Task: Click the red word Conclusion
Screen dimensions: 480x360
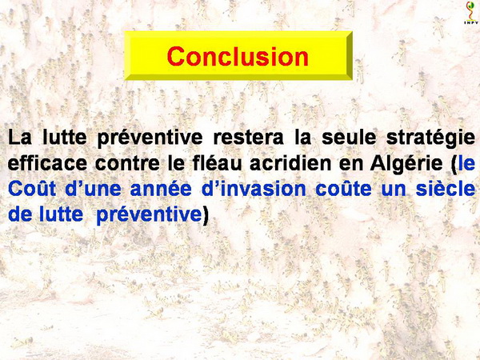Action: click(x=238, y=56)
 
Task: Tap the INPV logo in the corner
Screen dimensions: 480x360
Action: click(x=471, y=13)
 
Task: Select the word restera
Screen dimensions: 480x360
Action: click(x=248, y=138)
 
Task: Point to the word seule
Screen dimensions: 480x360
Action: click(x=349, y=138)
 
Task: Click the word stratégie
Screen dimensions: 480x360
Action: click(x=430, y=138)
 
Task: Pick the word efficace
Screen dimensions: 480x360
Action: click(x=47, y=163)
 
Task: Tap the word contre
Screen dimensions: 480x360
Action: click(x=127, y=164)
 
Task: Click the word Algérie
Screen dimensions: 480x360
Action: click(x=406, y=164)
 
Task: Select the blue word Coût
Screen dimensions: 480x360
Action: click(x=32, y=189)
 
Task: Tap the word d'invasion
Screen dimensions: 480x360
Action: click(x=254, y=189)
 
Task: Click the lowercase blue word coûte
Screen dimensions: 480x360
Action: click(x=343, y=189)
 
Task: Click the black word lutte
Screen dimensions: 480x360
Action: click(x=65, y=138)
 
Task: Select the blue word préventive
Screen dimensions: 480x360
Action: click(x=149, y=215)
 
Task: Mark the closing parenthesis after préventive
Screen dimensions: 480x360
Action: click(x=206, y=216)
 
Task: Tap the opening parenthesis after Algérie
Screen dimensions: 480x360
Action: click(x=454, y=165)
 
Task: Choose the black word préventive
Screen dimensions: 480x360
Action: click(x=150, y=138)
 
